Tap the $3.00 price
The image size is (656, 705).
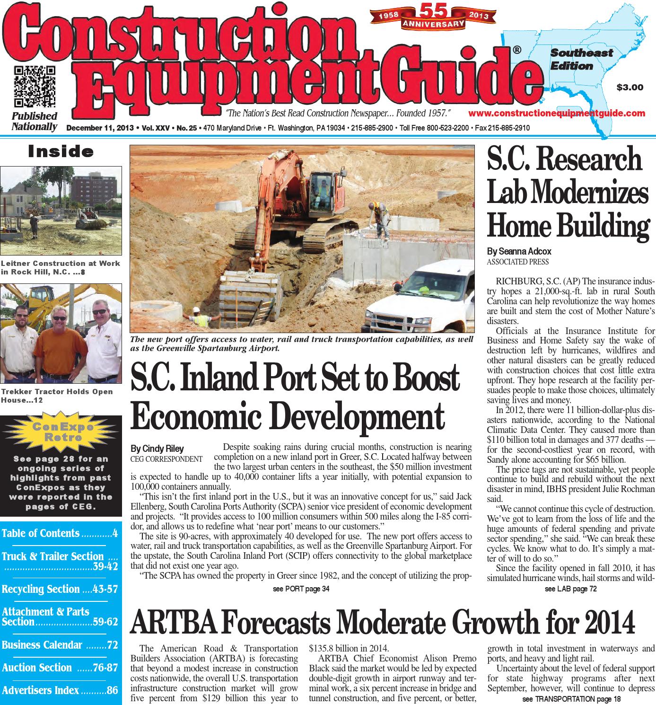click(630, 87)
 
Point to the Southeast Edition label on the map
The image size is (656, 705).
click(581, 59)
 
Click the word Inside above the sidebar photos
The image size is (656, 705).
click(61, 152)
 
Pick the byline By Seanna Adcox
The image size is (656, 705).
click(519, 252)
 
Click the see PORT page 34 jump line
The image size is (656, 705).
click(301, 589)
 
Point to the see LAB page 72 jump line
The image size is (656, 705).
click(570, 589)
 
